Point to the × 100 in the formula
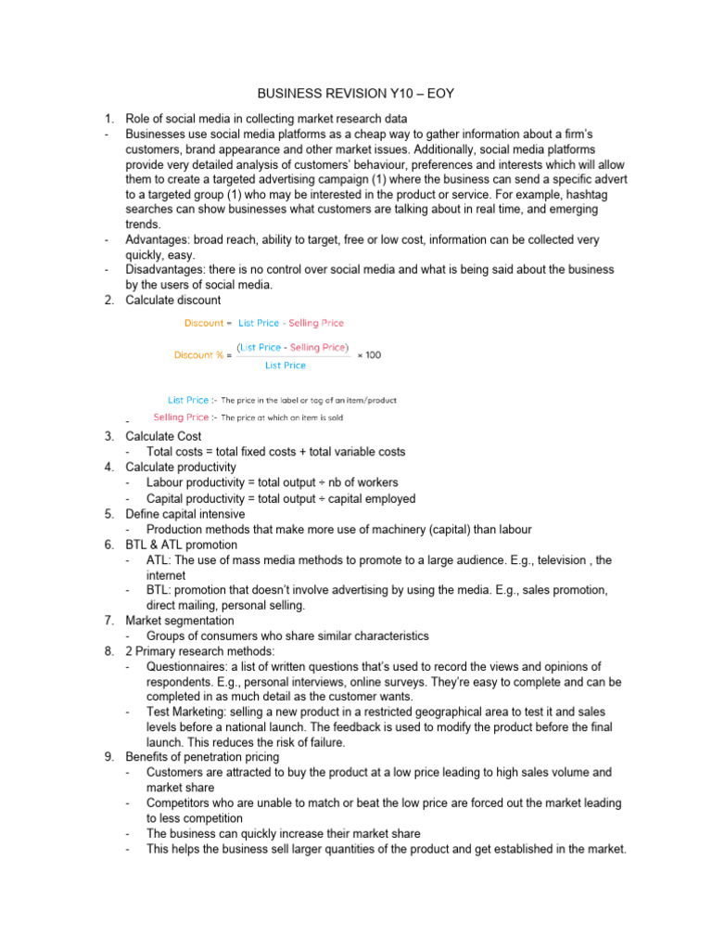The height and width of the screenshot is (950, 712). (x=369, y=354)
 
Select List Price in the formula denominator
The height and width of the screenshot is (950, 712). (x=285, y=366)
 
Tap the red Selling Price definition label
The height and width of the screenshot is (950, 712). (x=181, y=417)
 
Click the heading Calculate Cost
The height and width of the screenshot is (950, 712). (x=163, y=436)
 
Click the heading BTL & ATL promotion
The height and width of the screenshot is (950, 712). (x=182, y=545)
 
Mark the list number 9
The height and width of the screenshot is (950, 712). (x=108, y=756)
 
